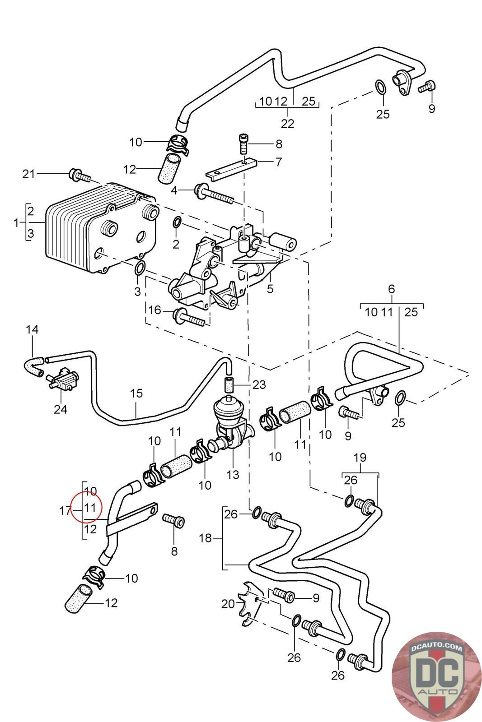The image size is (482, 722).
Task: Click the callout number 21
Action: [x=28, y=174]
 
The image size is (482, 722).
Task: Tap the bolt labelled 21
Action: [x=80, y=175]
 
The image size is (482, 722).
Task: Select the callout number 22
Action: [x=287, y=124]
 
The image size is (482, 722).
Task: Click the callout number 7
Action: [x=279, y=162]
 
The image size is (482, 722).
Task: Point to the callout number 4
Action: [x=174, y=190]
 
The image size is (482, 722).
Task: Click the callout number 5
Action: [x=270, y=288]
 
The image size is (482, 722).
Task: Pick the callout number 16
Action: [x=154, y=310]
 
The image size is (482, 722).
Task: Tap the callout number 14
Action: [x=32, y=329]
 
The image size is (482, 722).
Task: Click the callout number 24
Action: [x=61, y=409]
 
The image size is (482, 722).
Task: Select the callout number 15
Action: [x=136, y=393]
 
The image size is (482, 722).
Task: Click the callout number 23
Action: [x=259, y=384]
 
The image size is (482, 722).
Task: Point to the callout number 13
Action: [x=233, y=474]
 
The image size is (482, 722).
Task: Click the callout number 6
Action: [x=391, y=289]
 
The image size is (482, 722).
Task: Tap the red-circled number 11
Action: [x=90, y=508]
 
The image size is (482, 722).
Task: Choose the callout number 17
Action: [x=66, y=510]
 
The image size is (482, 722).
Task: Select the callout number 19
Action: [x=360, y=458]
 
